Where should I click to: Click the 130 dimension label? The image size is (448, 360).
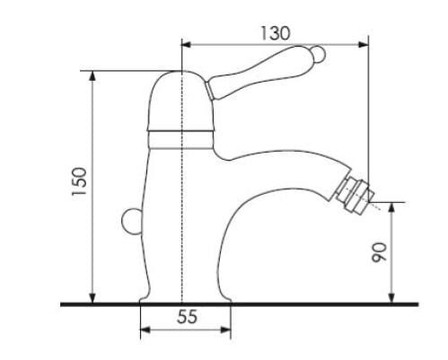[276, 33]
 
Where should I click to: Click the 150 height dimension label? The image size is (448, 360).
[79, 181]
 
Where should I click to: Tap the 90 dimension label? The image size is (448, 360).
[379, 253]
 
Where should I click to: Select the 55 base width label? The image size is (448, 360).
[188, 316]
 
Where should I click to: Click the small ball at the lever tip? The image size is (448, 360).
[318, 55]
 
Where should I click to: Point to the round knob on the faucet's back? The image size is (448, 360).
[131, 222]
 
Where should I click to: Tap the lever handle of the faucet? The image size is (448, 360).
[263, 72]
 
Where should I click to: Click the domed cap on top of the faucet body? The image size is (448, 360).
[180, 101]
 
